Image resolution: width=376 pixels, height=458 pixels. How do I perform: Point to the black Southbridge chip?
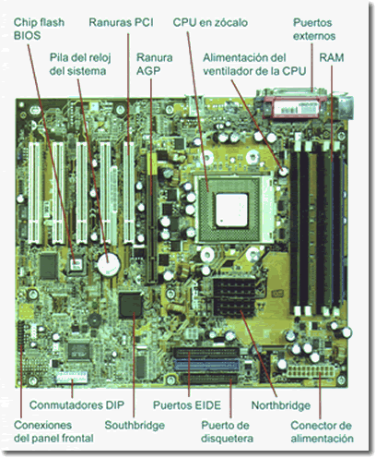134,305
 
